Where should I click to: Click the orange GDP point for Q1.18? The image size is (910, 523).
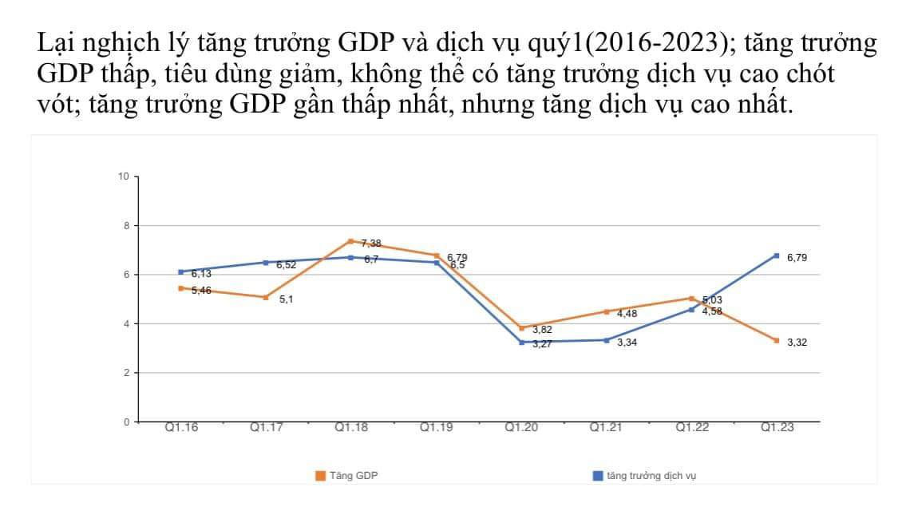point(351,241)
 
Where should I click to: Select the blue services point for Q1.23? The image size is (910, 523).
point(777,256)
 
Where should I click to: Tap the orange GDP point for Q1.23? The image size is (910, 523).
point(777,340)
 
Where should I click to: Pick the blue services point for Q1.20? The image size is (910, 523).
point(521,342)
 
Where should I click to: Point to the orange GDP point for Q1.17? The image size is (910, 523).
point(266,297)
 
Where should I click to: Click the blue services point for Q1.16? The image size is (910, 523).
point(181,271)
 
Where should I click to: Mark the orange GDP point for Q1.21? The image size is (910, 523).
point(607,311)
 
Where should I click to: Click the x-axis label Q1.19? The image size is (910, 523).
point(437,428)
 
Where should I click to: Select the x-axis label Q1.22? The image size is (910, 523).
point(692,428)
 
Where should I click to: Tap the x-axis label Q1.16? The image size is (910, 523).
point(181,428)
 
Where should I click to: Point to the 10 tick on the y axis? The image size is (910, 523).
point(123,176)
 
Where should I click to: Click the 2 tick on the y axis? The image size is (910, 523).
point(125,373)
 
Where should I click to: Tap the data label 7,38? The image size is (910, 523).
point(371,243)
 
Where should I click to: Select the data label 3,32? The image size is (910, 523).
point(797,343)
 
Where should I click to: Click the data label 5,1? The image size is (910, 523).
point(287,299)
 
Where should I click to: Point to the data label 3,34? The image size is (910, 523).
point(627,343)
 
